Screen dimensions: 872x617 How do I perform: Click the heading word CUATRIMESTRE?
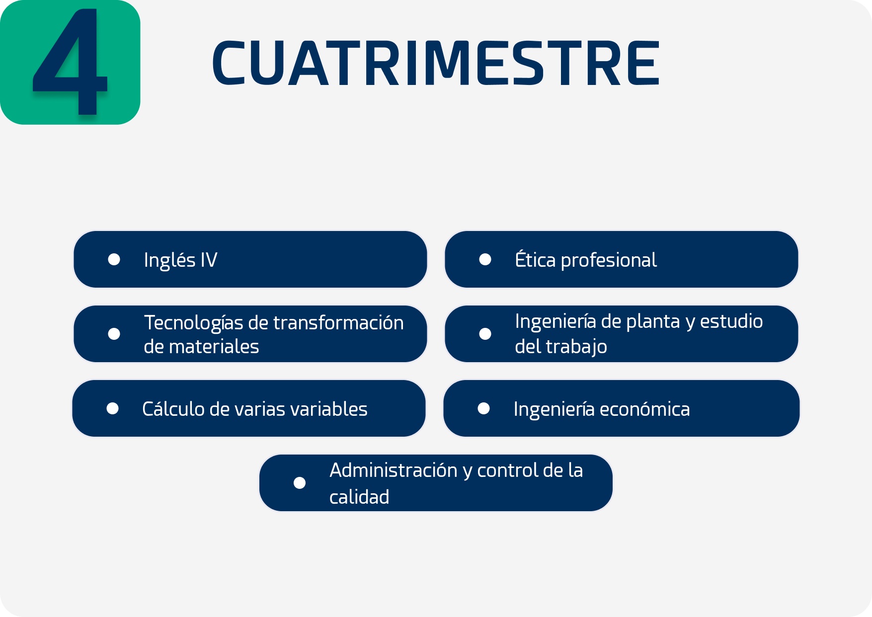coord(436,63)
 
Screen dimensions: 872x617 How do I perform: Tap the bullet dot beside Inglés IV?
coord(114,259)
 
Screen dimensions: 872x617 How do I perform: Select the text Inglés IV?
coord(180,260)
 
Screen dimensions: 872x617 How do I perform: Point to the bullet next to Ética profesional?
coord(485,259)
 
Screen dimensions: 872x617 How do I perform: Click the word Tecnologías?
coord(193,323)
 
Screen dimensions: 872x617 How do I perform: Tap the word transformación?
coord(338,322)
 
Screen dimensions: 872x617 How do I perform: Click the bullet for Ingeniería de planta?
coord(485,334)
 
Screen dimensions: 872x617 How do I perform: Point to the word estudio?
coord(731,321)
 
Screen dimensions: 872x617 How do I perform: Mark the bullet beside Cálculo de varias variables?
coord(112,408)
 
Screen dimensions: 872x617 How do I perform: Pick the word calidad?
coord(359,496)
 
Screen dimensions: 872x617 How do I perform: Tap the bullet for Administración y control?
coord(300,483)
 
